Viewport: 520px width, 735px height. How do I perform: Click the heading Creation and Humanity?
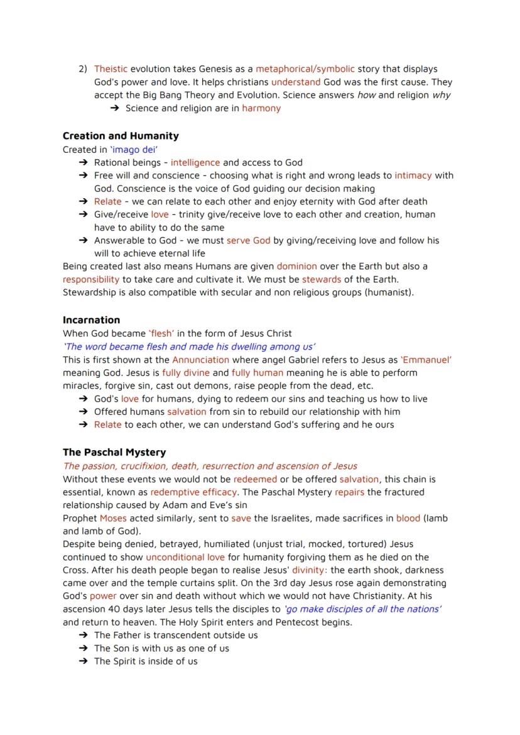(121, 136)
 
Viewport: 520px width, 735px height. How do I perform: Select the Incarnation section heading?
(91, 320)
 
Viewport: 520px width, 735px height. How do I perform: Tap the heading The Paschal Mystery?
(114, 452)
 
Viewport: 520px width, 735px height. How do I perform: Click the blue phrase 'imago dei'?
(134, 150)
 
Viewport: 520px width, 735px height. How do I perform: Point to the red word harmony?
(261, 108)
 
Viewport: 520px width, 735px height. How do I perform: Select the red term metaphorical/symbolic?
(305, 69)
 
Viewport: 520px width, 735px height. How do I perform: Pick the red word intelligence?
(195, 162)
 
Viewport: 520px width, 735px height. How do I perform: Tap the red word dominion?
(296, 267)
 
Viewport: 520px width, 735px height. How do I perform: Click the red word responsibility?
(91, 279)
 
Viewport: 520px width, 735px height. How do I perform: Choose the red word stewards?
(322, 279)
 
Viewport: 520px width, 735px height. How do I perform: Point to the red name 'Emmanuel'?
(426, 360)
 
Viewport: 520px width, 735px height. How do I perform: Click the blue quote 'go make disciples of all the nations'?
(362, 609)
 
